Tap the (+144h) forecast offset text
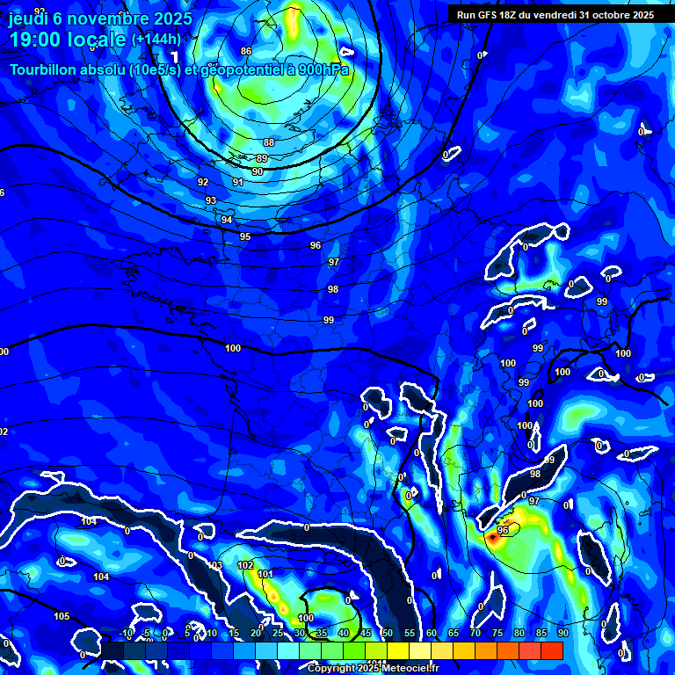(156, 40)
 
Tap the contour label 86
(246, 51)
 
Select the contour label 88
(268, 142)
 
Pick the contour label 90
(257, 171)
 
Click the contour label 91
(237, 182)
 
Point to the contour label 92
(203, 182)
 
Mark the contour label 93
(211, 201)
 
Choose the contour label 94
(227, 220)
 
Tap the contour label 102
(245, 565)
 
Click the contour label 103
(215, 565)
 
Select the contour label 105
(62, 616)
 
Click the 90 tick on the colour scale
(562, 634)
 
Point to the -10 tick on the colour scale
(126, 634)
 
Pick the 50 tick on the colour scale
(387, 634)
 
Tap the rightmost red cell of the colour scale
(551, 650)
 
